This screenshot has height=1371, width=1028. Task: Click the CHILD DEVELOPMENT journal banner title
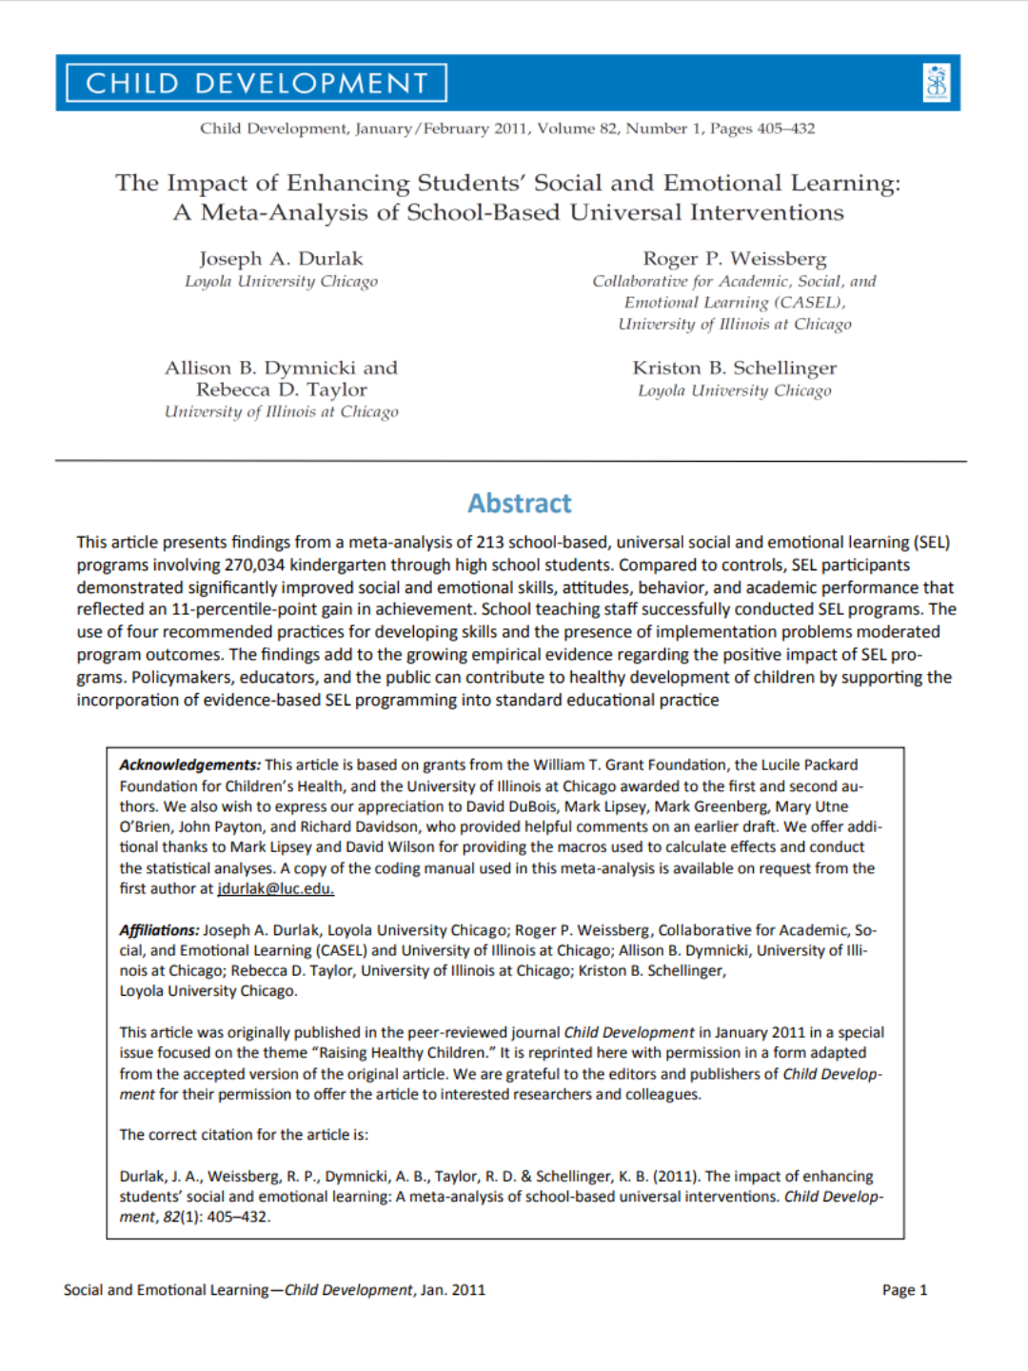point(257,84)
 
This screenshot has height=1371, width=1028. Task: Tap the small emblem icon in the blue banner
point(937,83)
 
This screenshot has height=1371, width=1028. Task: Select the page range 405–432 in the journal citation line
point(785,129)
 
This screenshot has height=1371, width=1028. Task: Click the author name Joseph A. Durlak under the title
point(281,259)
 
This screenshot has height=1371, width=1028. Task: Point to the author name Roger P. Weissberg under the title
point(734,259)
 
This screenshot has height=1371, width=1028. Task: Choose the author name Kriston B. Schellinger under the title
point(734,368)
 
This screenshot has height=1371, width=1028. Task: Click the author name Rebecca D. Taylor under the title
point(281,390)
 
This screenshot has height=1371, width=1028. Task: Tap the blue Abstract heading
point(520,504)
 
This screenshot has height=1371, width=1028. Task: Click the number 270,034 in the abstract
point(254,566)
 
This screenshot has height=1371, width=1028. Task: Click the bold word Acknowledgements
point(189,765)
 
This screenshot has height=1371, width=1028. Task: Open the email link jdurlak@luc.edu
point(275,889)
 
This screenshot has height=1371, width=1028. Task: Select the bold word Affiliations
point(159,930)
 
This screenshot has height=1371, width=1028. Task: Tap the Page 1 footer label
point(903,1290)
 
